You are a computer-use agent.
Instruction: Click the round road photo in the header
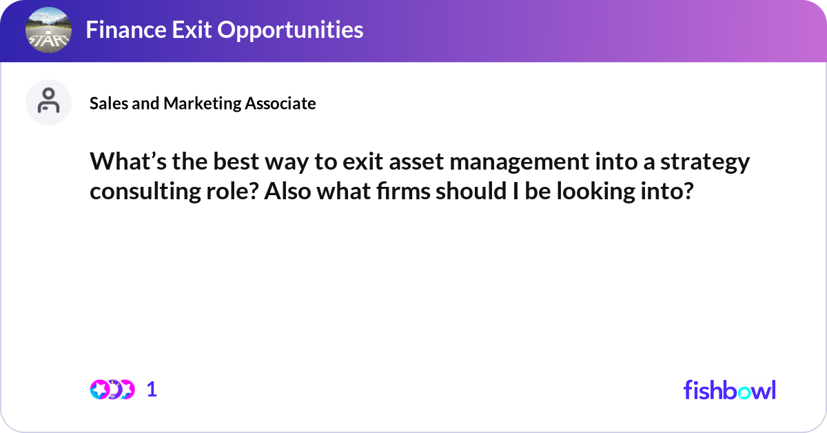48,30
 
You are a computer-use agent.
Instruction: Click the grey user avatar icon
48,102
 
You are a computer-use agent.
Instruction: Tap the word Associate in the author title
279,103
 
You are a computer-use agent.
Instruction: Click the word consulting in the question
143,191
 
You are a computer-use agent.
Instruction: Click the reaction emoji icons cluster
112,390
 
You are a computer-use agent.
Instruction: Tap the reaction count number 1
152,390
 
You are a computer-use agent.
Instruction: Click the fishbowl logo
729,390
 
